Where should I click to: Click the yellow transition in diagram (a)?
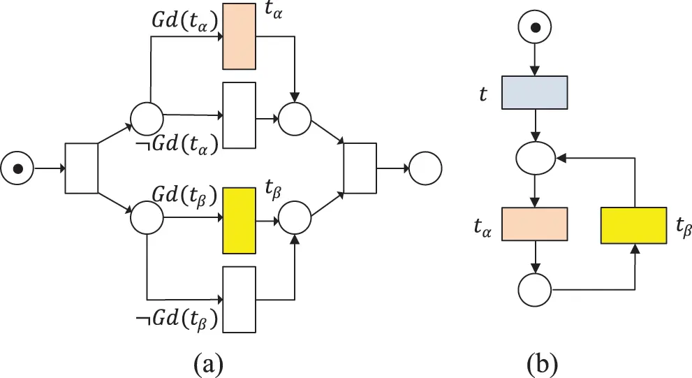239,220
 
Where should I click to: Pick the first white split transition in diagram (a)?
81,168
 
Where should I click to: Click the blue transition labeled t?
535,93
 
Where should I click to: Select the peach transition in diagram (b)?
535,224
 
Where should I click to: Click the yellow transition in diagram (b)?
633,224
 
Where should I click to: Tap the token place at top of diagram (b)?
535,29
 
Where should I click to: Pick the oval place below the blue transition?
535,159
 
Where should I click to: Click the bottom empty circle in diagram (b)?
535,288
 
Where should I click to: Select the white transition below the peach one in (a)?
239,115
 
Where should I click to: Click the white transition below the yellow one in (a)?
239,296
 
